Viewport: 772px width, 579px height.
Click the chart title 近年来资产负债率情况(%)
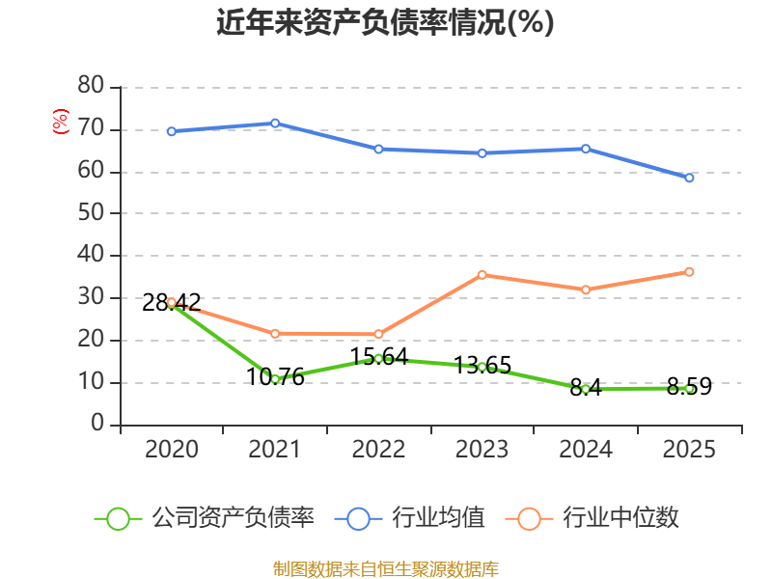tap(385, 22)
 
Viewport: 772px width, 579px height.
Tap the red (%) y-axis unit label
tap(60, 122)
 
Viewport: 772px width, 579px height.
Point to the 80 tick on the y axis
tap(91, 85)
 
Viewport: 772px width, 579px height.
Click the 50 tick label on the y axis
tap(91, 212)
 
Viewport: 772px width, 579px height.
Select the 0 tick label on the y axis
tap(97, 423)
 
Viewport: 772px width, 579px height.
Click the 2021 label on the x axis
tap(274, 449)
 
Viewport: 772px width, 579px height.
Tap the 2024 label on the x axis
tap(586, 449)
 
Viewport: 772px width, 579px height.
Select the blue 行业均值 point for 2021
tap(275, 124)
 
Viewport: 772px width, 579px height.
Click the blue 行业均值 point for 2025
tap(689, 178)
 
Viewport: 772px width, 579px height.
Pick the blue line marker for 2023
tap(482, 153)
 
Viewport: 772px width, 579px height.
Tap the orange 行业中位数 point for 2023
tap(482, 275)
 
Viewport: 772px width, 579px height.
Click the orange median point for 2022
tap(378, 334)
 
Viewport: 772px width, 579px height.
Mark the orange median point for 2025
tap(689, 272)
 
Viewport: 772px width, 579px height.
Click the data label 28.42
tap(172, 302)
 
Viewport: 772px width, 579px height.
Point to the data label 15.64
tap(378, 356)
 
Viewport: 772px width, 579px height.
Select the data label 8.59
tap(689, 386)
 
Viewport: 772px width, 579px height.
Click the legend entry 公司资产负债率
tap(204, 518)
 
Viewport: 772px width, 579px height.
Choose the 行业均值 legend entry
tap(409, 518)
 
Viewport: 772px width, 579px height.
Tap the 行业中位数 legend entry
tap(592, 518)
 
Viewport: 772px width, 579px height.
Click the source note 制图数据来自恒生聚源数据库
tap(385, 568)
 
